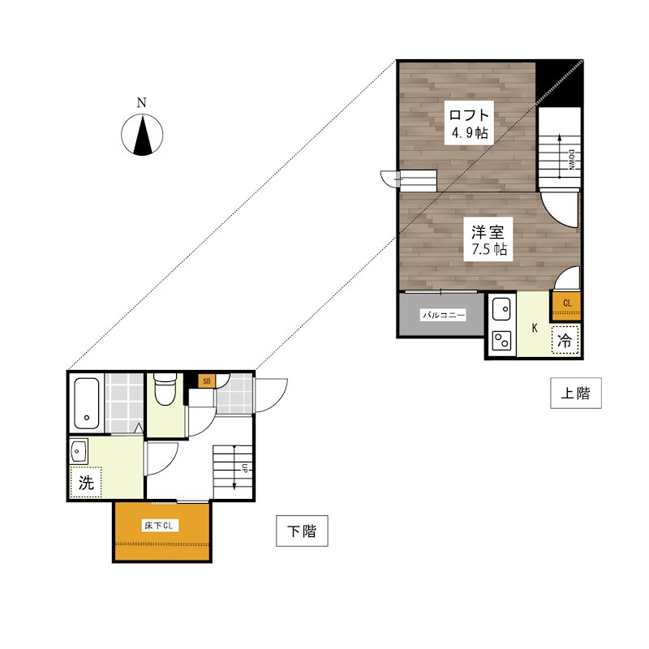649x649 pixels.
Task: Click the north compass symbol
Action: coord(142,135)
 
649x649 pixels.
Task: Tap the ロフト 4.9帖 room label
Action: coord(469,123)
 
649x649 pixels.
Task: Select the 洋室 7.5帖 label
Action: coord(488,239)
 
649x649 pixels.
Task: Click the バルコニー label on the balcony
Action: coord(443,315)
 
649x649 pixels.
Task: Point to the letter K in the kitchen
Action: coord(535,329)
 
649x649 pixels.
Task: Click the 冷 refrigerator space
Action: coord(565,340)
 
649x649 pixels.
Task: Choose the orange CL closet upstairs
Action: coord(565,306)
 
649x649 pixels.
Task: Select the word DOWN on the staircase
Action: coord(572,160)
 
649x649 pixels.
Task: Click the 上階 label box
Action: coord(576,393)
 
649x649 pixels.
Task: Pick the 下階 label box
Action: coord(302,531)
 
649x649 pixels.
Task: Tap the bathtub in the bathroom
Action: coord(87,403)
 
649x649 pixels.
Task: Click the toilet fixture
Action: coord(165,389)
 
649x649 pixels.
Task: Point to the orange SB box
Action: coord(207,380)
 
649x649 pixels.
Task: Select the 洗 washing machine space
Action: coord(86,482)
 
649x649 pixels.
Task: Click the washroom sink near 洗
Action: coord(78,451)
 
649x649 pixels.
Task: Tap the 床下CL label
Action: coord(159,526)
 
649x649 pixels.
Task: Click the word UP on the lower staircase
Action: coord(245,468)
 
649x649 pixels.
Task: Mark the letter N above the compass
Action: coord(141,103)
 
